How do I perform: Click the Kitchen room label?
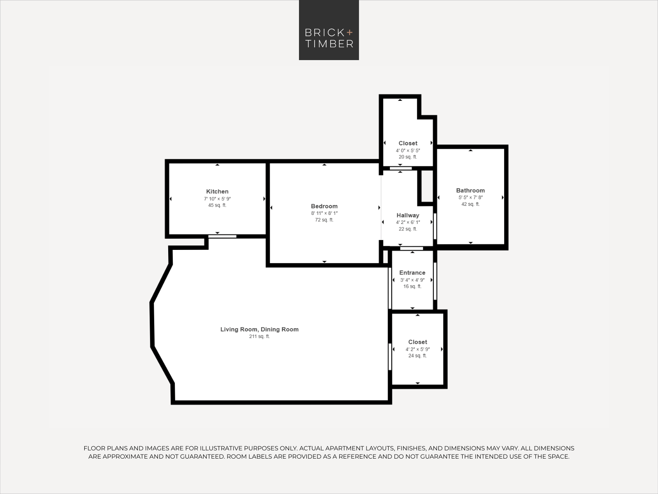217,191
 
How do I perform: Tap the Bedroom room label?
324,206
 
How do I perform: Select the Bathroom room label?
470,191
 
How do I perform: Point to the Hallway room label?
408,215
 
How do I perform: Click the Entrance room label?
412,273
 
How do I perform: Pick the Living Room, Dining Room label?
259,329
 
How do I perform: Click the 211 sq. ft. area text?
259,336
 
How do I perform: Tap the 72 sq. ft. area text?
324,220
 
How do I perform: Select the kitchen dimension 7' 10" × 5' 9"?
217,199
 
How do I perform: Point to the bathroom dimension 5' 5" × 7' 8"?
470,197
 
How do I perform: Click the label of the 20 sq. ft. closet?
408,143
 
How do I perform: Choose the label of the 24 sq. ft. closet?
417,342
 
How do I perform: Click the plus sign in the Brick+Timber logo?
350,33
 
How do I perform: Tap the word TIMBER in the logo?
329,44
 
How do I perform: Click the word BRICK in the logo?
324,33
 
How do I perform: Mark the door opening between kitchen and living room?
222,237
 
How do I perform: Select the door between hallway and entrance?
412,248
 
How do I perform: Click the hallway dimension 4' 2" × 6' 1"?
408,223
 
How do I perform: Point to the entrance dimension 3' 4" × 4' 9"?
412,280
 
